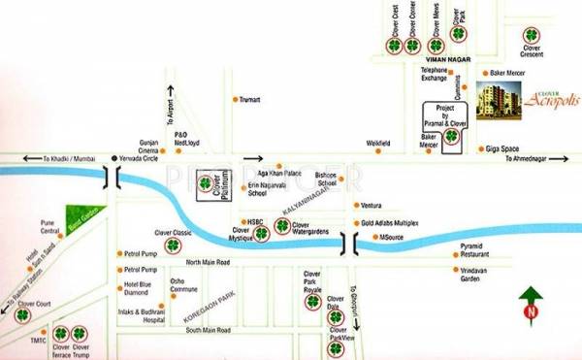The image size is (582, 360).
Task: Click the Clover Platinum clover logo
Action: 205,181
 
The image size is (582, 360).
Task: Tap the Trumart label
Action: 252,99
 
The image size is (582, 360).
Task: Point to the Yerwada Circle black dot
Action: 113,157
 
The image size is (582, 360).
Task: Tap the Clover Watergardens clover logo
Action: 281,227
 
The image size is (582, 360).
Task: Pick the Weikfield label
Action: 377,144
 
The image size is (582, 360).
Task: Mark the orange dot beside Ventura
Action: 355,206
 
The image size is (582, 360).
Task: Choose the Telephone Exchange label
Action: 434,74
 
